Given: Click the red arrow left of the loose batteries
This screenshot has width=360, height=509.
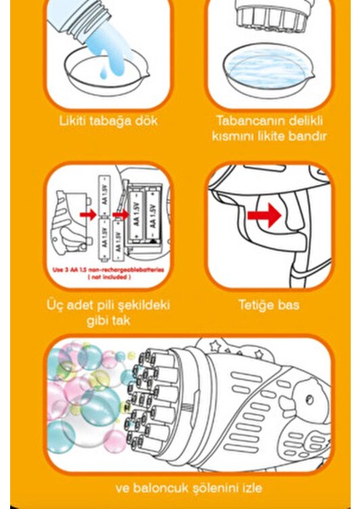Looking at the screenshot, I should point(87,215).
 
